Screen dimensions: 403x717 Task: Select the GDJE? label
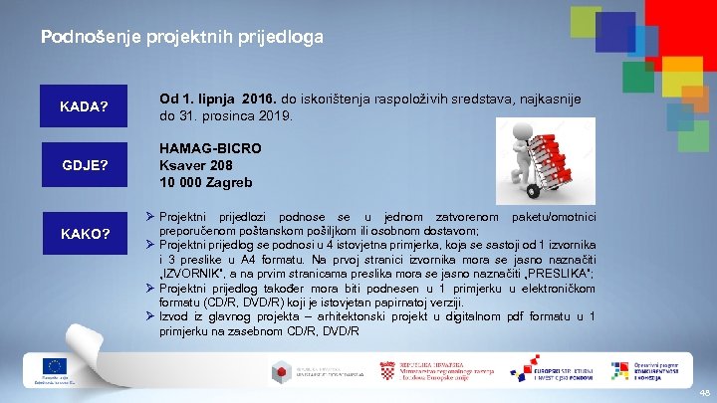pyautogui.click(x=84, y=165)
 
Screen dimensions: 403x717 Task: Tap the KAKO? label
pyautogui.click(x=84, y=235)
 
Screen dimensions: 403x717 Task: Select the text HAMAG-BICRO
pyautogui.click(x=210, y=148)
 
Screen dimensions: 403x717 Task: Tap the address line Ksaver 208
pyautogui.click(x=197, y=165)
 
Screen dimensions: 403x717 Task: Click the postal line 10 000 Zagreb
pyautogui.click(x=206, y=182)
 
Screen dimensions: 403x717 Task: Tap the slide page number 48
pyautogui.click(x=703, y=392)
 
